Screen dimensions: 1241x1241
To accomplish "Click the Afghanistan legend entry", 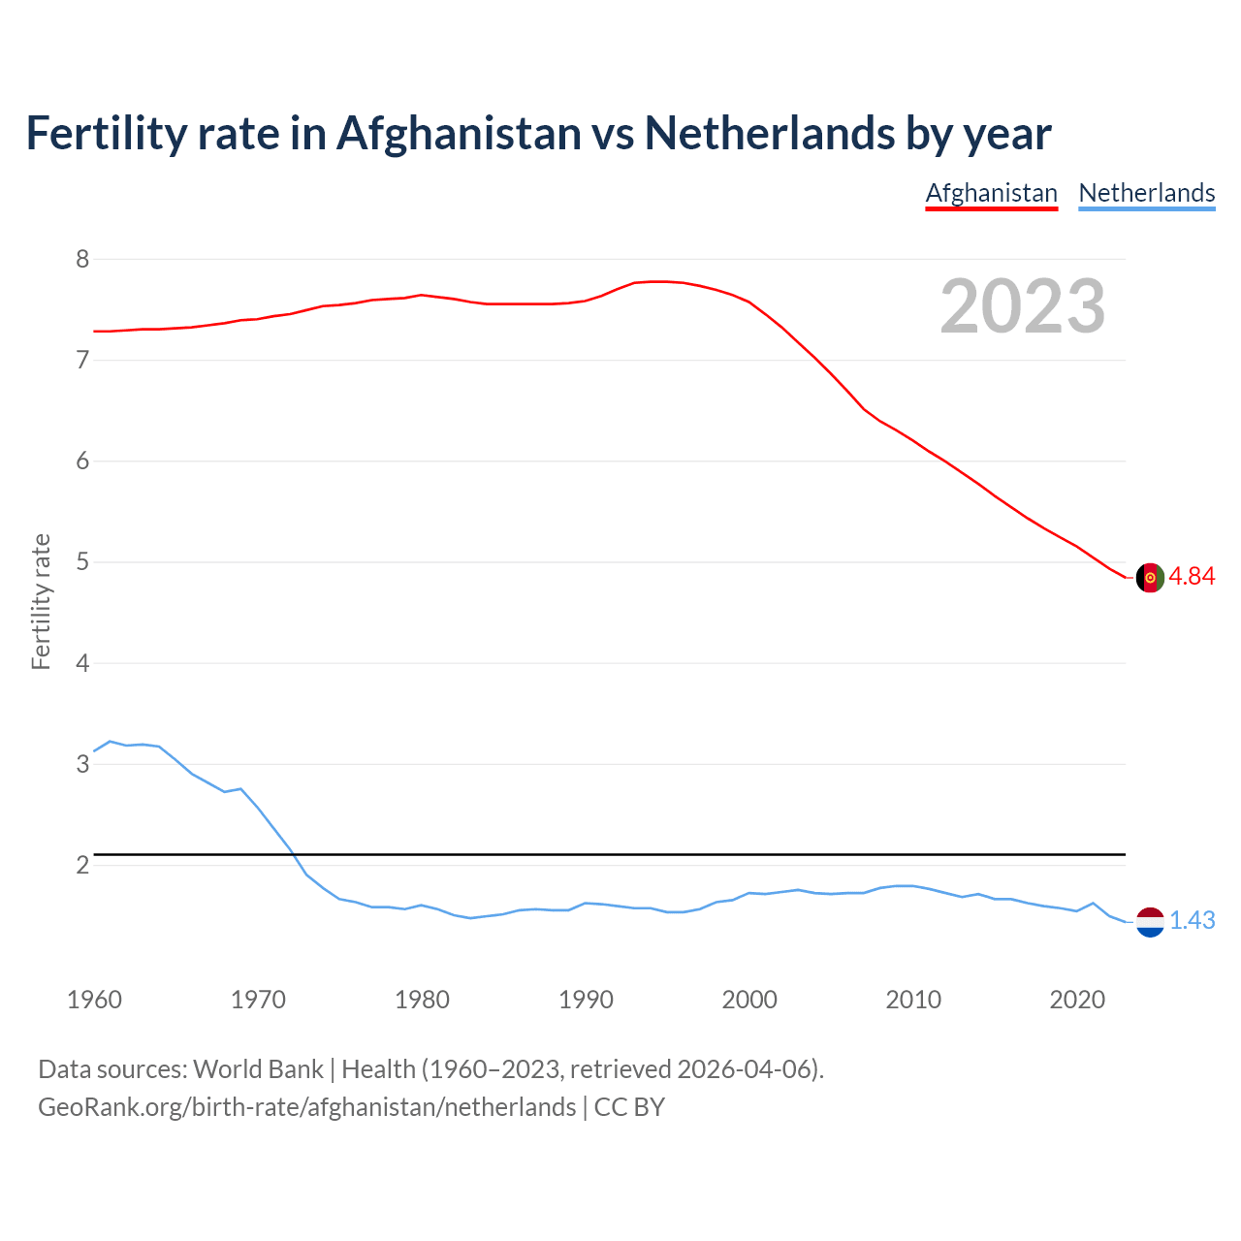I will click(991, 193).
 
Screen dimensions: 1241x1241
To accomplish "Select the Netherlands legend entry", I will click(1146, 193).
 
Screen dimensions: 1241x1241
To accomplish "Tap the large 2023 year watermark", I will click(1022, 306).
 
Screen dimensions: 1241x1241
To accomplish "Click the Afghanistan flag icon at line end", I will click(1149, 577).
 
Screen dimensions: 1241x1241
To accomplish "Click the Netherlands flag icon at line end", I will click(1149, 921).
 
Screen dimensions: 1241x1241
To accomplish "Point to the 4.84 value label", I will click(1192, 576).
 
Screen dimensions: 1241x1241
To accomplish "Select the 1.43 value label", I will click(1192, 920).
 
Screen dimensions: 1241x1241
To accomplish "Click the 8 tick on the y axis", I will click(82, 259).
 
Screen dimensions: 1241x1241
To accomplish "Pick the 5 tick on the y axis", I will click(82, 562).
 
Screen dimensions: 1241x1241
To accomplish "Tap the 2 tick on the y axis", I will click(82, 865).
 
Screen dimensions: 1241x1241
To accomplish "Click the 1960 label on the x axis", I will click(94, 1000).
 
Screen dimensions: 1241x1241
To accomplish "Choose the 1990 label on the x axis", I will click(586, 1000).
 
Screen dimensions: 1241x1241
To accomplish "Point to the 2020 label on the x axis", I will click(1077, 1000).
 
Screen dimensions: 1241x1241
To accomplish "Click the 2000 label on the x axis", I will click(749, 1000).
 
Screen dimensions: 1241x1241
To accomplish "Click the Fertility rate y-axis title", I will click(41, 601).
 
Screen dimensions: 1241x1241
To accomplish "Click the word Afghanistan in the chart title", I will click(458, 133).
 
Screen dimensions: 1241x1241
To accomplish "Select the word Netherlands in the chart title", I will click(770, 133).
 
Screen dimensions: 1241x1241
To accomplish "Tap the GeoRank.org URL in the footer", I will click(306, 1107).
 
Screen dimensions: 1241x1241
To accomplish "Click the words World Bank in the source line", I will click(258, 1069).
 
